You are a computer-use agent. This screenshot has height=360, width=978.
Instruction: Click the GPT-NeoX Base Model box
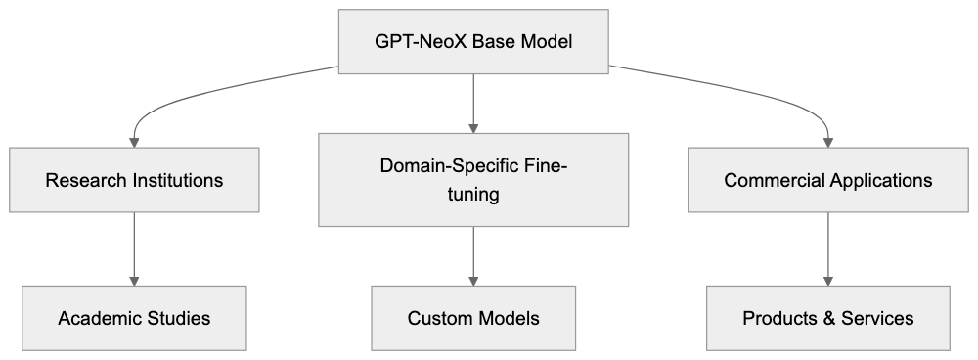click(x=473, y=43)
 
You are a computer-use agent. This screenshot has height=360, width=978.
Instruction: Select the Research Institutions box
click(x=134, y=181)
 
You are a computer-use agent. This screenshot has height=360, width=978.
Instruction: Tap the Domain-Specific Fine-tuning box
click(x=473, y=181)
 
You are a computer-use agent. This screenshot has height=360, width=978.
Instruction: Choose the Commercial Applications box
click(x=828, y=181)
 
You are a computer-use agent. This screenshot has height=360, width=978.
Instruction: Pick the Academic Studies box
click(x=134, y=318)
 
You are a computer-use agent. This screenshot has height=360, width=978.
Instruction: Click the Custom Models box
click(x=473, y=318)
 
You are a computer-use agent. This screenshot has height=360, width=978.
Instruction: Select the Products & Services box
click(x=828, y=318)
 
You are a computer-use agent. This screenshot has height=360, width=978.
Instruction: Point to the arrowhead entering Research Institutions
click(x=134, y=143)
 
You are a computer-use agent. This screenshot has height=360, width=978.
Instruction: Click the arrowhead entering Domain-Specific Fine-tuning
click(x=473, y=127)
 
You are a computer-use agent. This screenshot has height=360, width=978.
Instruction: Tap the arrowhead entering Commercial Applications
click(x=828, y=143)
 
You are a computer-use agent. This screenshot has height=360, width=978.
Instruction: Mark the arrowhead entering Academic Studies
click(x=134, y=280)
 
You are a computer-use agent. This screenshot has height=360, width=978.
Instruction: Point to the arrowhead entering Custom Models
click(x=473, y=280)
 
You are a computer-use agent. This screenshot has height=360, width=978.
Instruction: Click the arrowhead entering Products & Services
click(x=828, y=280)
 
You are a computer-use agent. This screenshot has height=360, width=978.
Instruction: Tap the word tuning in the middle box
click(x=473, y=195)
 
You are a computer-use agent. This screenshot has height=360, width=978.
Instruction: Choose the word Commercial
click(x=776, y=181)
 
